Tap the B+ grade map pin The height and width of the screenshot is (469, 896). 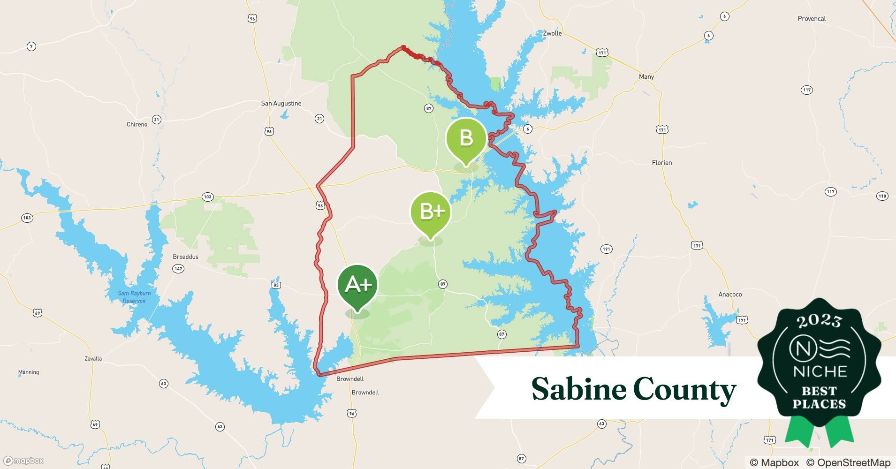coord(430,212)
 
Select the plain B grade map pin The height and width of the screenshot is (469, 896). coord(465,138)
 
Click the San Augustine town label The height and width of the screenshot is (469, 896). coord(281,103)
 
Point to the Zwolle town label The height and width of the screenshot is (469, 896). coord(552,33)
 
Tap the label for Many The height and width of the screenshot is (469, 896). coord(646,76)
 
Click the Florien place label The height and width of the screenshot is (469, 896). coord(661,163)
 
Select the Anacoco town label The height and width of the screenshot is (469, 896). coord(730,295)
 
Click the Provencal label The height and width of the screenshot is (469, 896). coord(812,19)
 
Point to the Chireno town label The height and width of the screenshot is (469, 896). coord(137,124)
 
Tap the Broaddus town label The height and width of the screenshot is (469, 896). coord(185,257)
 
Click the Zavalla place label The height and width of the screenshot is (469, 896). coord(93,358)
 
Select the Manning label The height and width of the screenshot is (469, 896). coord(29,372)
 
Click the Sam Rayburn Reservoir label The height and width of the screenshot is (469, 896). coord(134,297)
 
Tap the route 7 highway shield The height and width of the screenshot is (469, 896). coord(31,46)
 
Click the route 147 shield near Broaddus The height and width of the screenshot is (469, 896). coord(178,269)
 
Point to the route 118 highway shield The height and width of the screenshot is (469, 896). coord(882,196)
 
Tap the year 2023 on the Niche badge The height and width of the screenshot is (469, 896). coord(819,321)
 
